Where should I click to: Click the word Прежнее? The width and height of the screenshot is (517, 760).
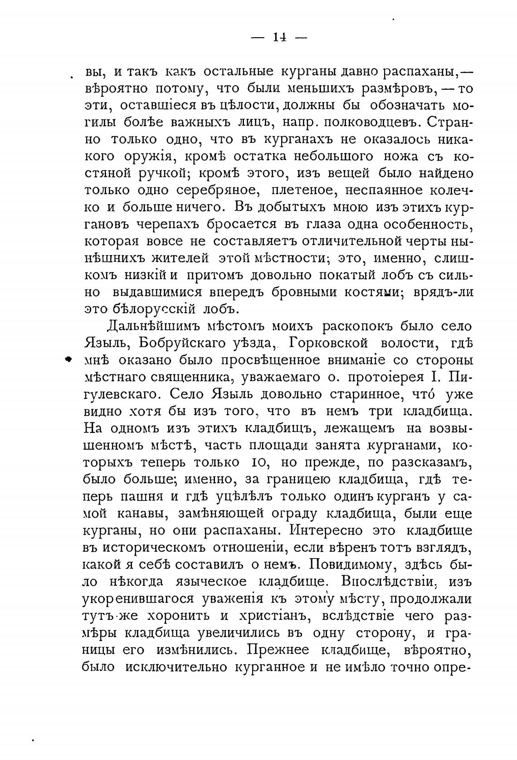point(274,650)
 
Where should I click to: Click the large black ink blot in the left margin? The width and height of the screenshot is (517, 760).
point(68,359)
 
